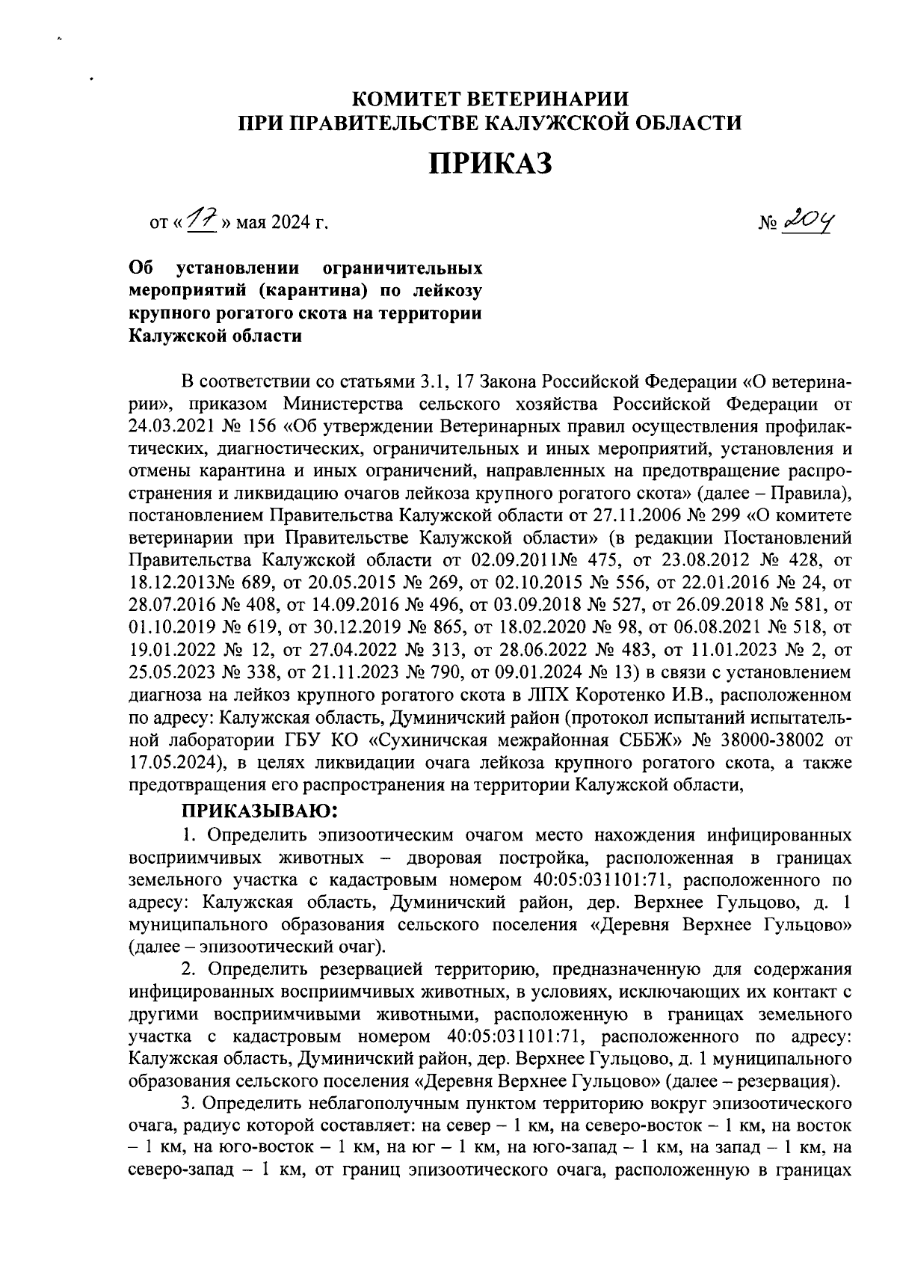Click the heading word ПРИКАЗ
(x=490, y=163)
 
